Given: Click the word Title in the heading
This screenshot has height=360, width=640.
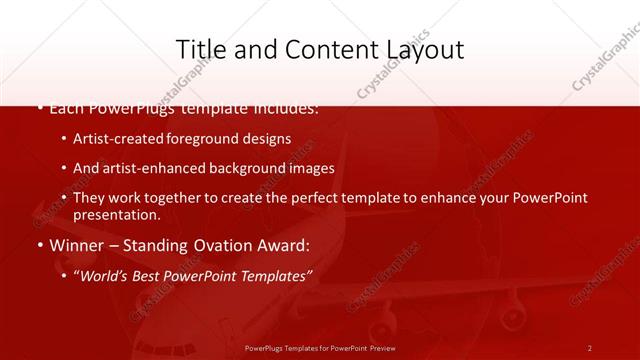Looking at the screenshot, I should [198, 50].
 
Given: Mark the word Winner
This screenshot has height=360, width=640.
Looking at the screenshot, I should [76, 245].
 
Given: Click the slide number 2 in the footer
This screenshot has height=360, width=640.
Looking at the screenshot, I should [590, 347].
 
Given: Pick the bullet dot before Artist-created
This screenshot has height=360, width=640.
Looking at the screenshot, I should [64, 139].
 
